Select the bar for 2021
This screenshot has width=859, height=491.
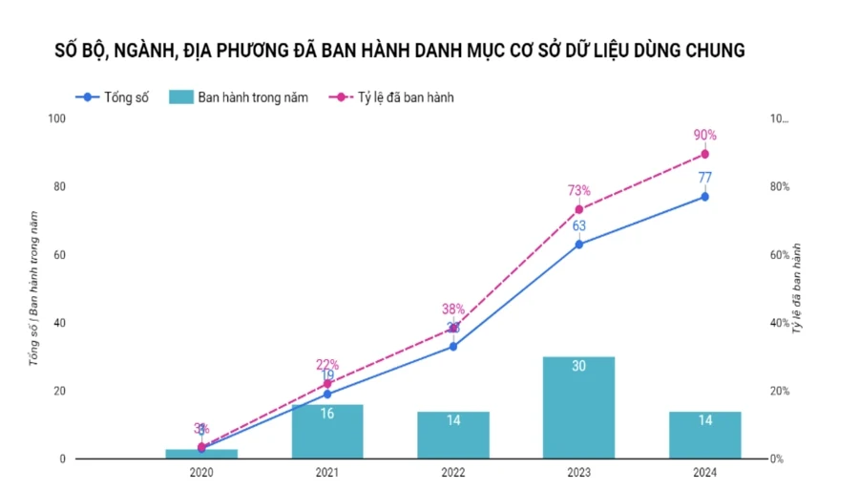tap(327, 432)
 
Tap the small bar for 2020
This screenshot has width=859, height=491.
tap(201, 454)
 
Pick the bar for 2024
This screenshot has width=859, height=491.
tap(704, 436)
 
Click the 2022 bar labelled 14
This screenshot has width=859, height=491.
tap(453, 436)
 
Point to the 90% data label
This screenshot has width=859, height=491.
tap(705, 135)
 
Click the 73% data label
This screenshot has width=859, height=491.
tap(578, 190)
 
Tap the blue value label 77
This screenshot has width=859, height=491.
tap(705, 177)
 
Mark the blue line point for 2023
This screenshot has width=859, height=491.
tap(578, 244)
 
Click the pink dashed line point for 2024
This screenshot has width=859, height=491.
tap(705, 154)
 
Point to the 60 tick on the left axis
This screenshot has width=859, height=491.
tap(59, 255)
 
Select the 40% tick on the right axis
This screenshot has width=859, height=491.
tap(780, 323)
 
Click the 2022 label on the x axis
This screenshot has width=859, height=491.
tap(453, 472)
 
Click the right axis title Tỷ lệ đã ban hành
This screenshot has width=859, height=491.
tap(795, 288)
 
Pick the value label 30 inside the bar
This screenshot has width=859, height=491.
tap(578, 366)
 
